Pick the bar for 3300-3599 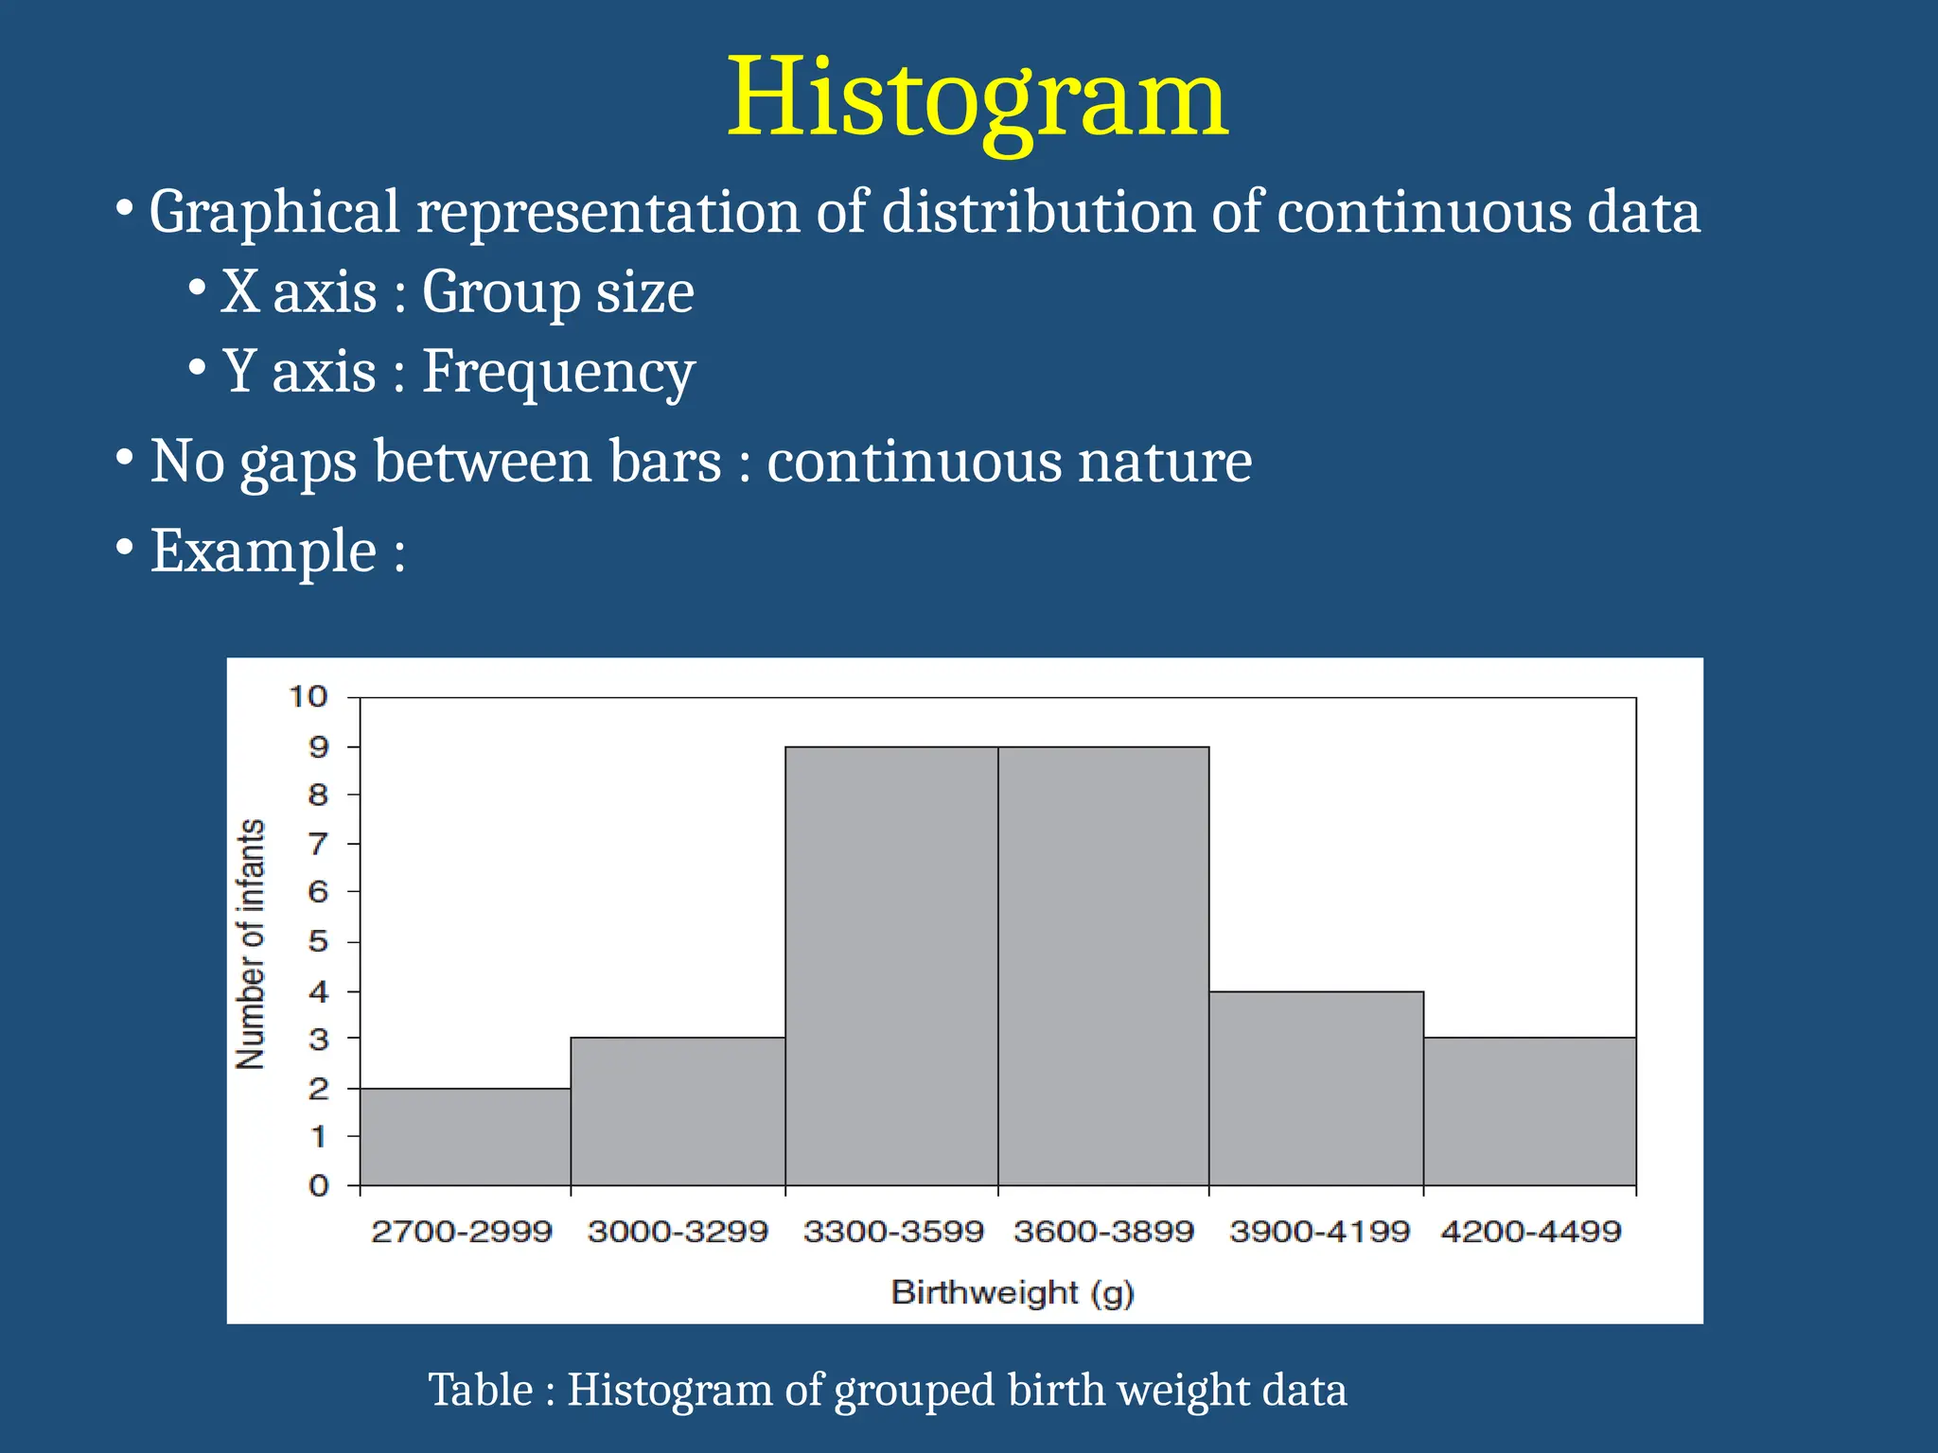click(891, 965)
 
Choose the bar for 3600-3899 click(1103, 965)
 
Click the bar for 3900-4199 click(1316, 1088)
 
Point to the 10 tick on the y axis click(308, 697)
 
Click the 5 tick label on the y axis click(318, 941)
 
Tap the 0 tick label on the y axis click(318, 1185)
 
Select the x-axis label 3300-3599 click(893, 1232)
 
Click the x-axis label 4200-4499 click(1530, 1232)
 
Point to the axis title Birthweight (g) click(1013, 1292)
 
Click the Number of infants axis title click(251, 943)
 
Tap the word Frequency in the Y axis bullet click(557, 372)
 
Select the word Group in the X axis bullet click(500, 292)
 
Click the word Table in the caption click(480, 1390)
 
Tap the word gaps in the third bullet click(298, 462)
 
